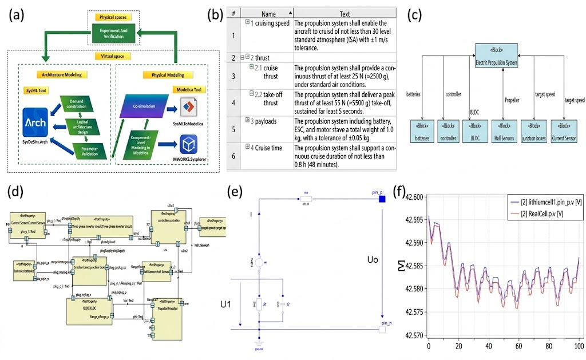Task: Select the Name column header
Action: coord(268,13)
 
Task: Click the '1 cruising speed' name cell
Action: coord(267,22)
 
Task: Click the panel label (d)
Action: coord(17,189)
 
